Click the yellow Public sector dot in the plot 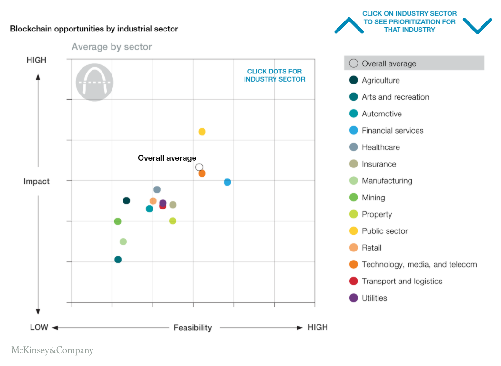pyautogui.click(x=202, y=132)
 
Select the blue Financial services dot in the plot pyautogui.click(x=227, y=182)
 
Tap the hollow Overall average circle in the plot pyautogui.click(x=199, y=167)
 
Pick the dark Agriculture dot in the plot pyautogui.click(x=126, y=200)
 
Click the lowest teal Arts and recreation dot pyautogui.click(x=118, y=260)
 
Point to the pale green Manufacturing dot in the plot pyautogui.click(x=123, y=241)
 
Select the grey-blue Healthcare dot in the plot pyautogui.click(x=157, y=190)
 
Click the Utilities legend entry pyautogui.click(x=374, y=298)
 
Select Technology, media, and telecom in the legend pyautogui.click(x=419, y=264)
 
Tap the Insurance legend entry pyautogui.click(x=378, y=164)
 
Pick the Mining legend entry pyautogui.click(x=373, y=198)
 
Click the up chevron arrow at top pyautogui.click(x=349, y=26)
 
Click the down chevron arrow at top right pyautogui.click(x=477, y=26)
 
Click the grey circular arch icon pyautogui.click(x=94, y=82)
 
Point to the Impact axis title pyautogui.click(x=37, y=182)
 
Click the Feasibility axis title pyautogui.click(x=193, y=328)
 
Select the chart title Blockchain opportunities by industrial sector pyautogui.click(x=94, y=29)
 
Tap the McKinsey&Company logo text pyautogui.click(x=52, y=351)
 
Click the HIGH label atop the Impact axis pyautogui.click(x=37, y=60)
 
